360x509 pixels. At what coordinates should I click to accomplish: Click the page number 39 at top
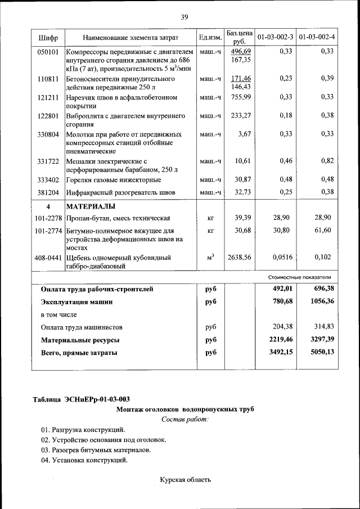[x=184, y=17]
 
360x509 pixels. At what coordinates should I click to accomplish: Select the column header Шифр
[x=48, y=37]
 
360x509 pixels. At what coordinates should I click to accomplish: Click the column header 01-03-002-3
[x=275, y=37]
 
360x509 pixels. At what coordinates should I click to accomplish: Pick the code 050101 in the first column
[x=48, y=51]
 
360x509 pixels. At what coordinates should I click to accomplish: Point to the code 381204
[x=48, y=192]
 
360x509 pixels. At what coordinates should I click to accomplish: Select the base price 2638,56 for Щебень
[x=239, y=258]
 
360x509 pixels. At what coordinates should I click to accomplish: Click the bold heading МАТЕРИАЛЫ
[x=92, y=206]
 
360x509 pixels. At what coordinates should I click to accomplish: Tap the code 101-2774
[x=48, y=231]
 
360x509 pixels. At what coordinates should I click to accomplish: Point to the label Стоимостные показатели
[x=299, y=277]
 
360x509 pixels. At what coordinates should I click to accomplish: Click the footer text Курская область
[x=185, y=480]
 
